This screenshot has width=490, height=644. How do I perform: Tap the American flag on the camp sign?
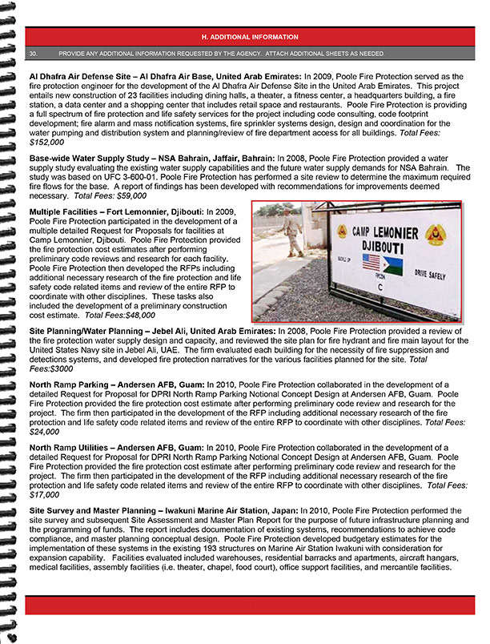tap(372, 264)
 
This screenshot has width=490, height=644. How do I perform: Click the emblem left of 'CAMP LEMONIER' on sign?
tap(342, 231)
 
